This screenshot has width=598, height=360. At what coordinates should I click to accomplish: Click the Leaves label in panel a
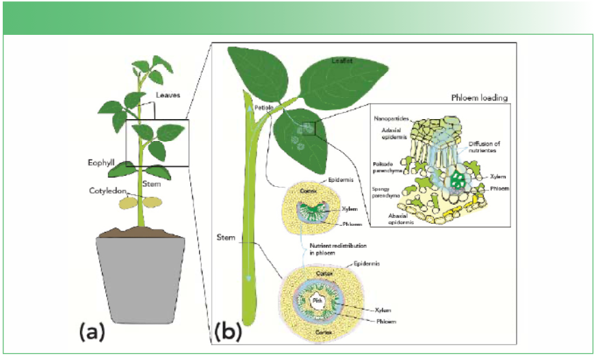(168, 95)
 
